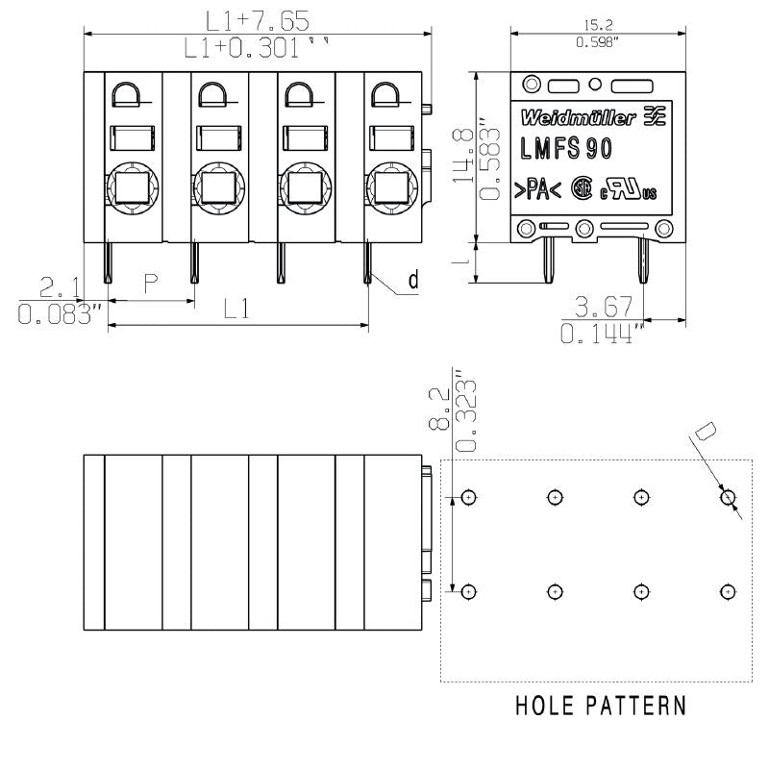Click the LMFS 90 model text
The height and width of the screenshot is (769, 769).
pos(567,149)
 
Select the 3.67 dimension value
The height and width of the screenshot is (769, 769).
pos(603,307)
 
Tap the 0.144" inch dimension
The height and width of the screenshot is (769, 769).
pos(603,333)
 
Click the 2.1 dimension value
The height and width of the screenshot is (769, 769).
pos(60,286)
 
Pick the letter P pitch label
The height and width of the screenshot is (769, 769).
pos(151,283)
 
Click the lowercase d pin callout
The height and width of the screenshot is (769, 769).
pos(413,280)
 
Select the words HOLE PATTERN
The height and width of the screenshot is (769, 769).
pos(601,706)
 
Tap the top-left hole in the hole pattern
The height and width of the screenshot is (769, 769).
pos(468,497)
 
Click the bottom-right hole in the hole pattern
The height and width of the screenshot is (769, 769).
pos(728,590)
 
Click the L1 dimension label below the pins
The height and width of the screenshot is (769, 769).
pos(237,309)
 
